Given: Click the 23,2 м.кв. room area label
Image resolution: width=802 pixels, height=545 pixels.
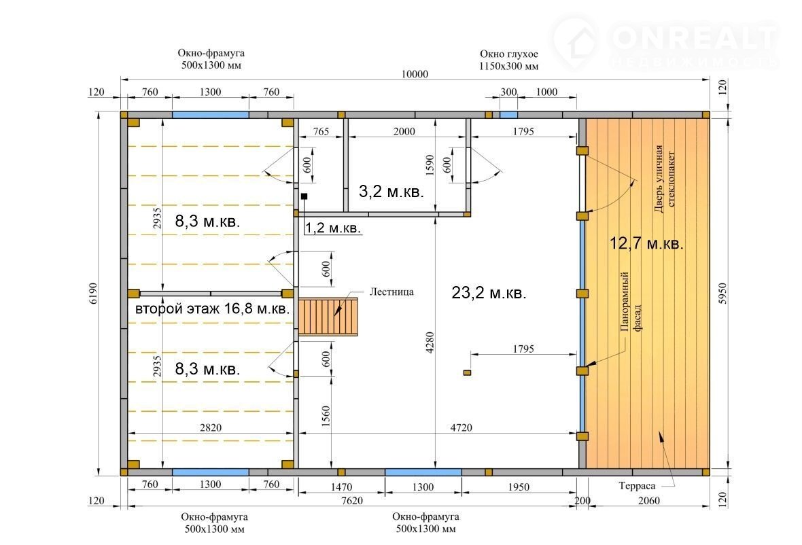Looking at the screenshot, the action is pos(489,293).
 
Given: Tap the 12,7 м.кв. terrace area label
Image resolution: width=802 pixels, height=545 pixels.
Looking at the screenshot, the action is pos(646,243).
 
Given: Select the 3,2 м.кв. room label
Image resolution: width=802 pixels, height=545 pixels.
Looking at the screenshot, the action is pos(391,192).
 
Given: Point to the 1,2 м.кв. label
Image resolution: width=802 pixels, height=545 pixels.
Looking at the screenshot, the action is pos(333,228).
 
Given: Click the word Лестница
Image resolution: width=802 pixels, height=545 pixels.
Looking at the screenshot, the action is pos(391,292).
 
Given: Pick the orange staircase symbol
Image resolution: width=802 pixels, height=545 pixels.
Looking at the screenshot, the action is pos(328,317).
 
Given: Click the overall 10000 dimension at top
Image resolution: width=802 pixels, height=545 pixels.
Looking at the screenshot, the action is pos(415,74).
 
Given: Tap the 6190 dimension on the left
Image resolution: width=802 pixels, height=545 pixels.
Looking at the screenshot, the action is pos(92,294).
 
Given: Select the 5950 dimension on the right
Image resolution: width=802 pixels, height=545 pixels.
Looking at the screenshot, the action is pos(722,294).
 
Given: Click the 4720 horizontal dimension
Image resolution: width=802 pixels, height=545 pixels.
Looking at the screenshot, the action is pos(461,427).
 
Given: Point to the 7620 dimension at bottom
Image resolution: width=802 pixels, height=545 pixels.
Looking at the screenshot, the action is pos(352,501).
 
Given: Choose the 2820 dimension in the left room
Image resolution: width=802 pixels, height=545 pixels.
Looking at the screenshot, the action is pos(210,427).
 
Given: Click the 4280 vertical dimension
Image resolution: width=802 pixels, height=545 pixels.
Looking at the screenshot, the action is pos(430,342).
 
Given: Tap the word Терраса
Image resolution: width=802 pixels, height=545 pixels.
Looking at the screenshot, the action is pos(637,486).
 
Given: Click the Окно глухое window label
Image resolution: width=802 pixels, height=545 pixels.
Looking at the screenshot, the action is pos(508,54).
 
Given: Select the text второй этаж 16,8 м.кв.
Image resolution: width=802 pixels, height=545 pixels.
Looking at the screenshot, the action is pos(212,309).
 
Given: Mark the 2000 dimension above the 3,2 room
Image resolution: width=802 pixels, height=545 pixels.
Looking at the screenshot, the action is pos(404,131).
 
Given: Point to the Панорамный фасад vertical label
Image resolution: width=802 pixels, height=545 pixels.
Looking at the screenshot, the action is pos(630,302).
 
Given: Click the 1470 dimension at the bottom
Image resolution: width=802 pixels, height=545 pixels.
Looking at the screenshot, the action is pos(341,487).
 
